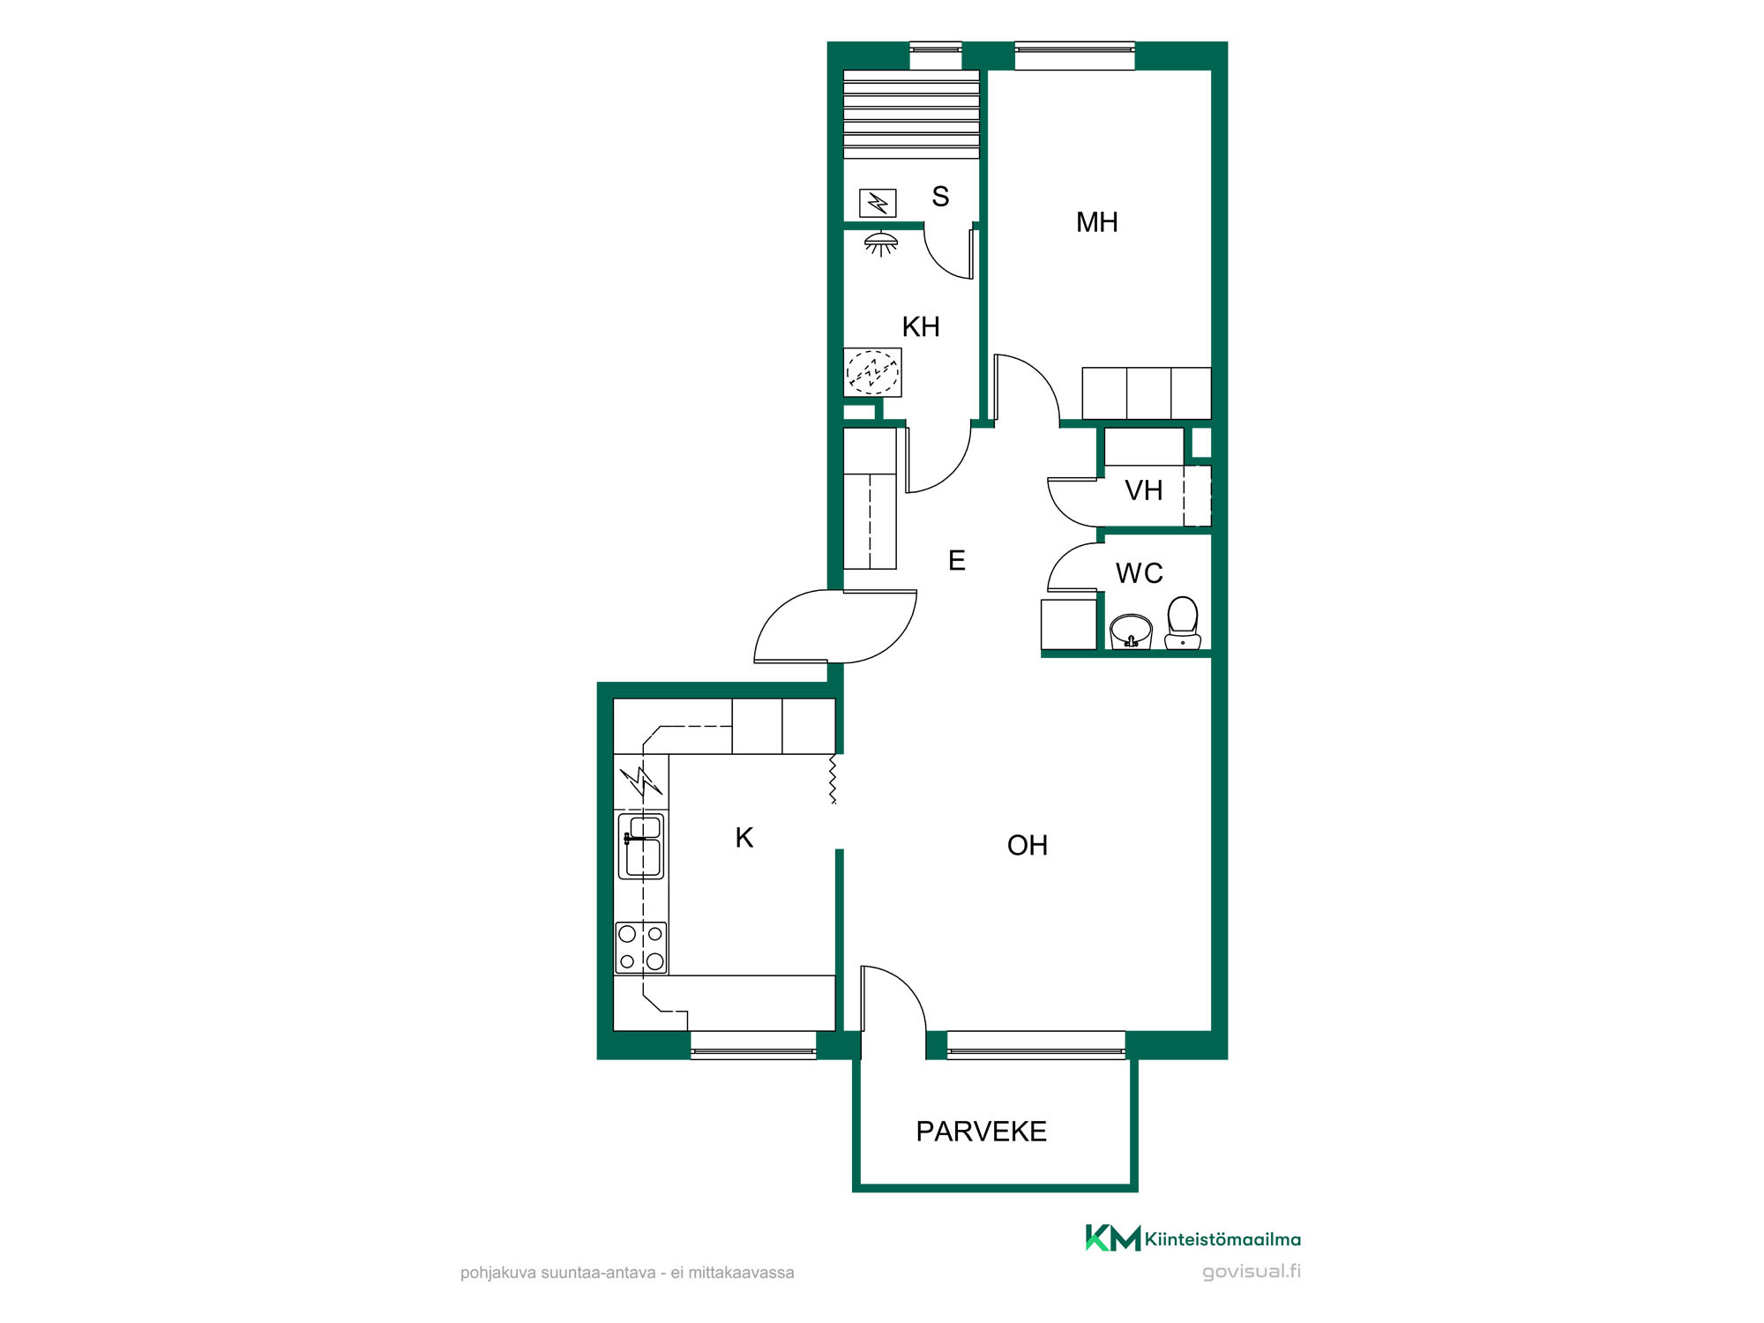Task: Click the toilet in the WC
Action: (1182, 623)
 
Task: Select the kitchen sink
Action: (641, 847)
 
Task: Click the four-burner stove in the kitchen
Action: (641, 947)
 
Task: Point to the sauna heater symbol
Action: (878, 204)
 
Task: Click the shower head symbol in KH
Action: (880, 243)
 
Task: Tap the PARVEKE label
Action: (981, 1132)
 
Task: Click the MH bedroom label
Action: (1096, 222)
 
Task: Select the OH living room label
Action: (1028, 846)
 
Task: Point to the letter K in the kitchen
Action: (744, 838)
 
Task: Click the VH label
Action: (1143, 490)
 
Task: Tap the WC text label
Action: (1139, 573)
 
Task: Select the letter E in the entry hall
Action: (957, 560)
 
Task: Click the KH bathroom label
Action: (921, 327)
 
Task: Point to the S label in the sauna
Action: (940, 197)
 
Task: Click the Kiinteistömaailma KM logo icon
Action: (1113, 1237)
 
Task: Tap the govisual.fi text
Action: (1252, 1272)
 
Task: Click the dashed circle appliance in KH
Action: (872, 372)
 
